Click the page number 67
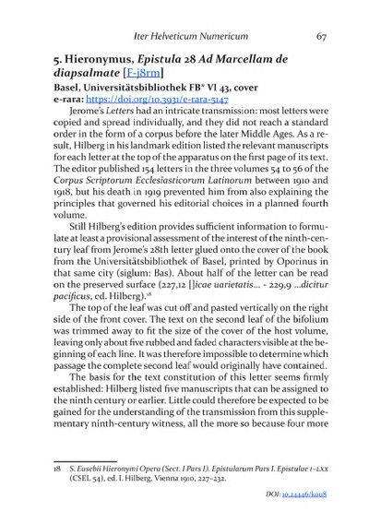point(321,38)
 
